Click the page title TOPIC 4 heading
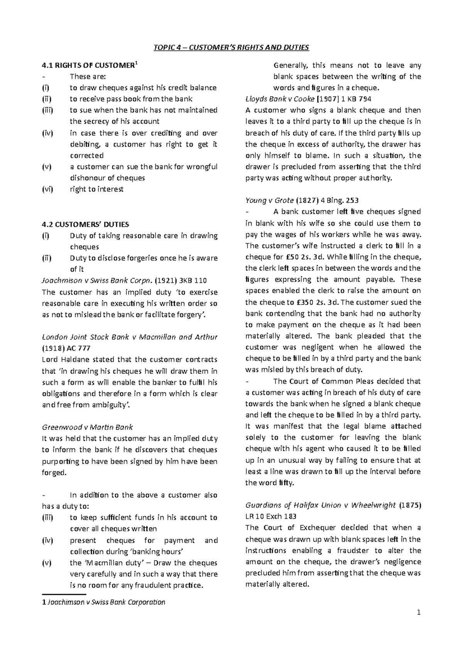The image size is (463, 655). coord(231,47)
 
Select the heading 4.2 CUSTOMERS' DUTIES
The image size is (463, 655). coord(85,225)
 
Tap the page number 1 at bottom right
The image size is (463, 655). coord(419,613)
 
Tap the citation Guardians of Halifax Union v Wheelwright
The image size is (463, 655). coord(321,505)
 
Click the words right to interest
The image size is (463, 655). coord(96,189)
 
